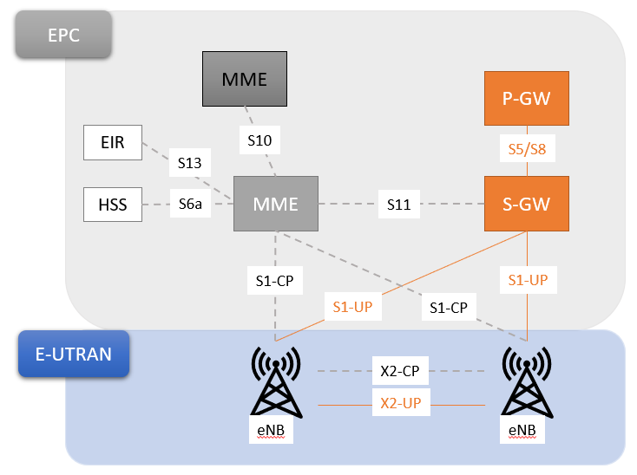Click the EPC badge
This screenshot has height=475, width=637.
[63, 34]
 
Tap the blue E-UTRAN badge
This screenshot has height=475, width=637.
[73, 354]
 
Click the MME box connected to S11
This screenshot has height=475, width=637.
[275, 204]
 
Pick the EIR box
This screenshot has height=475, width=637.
[112, 142]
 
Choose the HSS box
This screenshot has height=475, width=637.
[112, 205]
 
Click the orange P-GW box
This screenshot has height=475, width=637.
[526, 98]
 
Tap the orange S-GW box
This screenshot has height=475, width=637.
[526, 205]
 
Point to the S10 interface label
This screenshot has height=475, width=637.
[259, 139]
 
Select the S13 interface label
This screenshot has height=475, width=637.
[189, 161]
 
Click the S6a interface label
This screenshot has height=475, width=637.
[189, 205]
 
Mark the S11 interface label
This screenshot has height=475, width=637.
[398, 205]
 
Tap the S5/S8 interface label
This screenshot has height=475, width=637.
[526, 148]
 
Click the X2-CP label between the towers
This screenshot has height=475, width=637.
[400, 370]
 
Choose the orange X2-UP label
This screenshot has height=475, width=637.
[400, 404]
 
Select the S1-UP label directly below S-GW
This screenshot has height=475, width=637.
[527, 279]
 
